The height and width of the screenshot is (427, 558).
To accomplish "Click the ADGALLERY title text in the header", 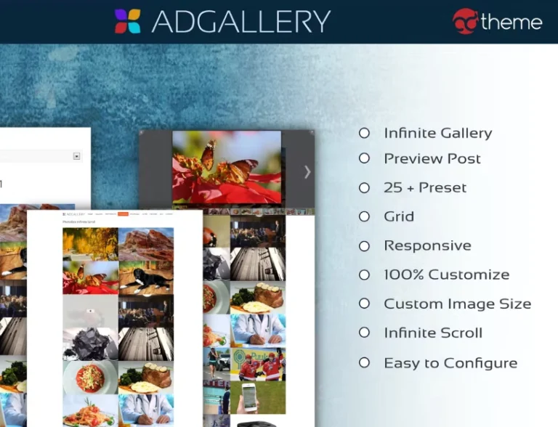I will coord(240,21).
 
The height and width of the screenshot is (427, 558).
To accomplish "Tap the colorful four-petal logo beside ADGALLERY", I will coord(128,21).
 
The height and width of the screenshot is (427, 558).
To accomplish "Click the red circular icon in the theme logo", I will coord(465,22).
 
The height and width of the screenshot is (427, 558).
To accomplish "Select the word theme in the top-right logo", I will coord(511,23).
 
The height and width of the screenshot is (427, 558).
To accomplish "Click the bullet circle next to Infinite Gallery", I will coord(364,133).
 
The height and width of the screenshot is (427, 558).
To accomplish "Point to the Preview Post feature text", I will coord(432,158).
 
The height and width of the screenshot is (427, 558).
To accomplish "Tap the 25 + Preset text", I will coord(425,187).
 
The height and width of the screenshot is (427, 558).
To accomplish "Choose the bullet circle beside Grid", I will coord(364,216).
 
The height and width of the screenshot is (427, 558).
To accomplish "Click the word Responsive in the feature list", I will coord(427,245).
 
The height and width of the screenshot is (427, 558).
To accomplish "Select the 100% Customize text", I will coord(446,274).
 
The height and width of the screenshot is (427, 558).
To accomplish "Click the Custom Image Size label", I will coord(457,304).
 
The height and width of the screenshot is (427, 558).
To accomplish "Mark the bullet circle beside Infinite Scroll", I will coord(364,333).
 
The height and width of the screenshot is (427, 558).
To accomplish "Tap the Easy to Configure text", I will coord(450,362).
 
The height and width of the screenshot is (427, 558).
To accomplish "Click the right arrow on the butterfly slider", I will coord(307,171).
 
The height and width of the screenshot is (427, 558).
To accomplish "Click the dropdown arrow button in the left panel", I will coord(76,156).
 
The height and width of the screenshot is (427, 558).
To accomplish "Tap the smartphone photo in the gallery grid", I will coord(249,398).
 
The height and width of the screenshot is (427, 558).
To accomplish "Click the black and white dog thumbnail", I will coord(146,278).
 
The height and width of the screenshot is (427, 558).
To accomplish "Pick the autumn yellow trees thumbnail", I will coord(90,245).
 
